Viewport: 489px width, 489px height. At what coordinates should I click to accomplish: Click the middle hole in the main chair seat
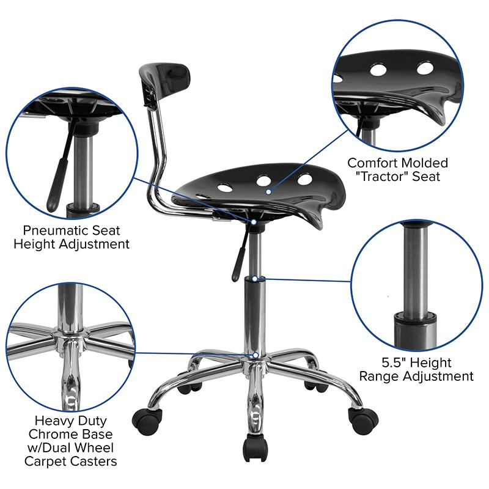coord(265,181)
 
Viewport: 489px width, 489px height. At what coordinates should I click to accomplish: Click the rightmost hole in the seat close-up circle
coord(425,68)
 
